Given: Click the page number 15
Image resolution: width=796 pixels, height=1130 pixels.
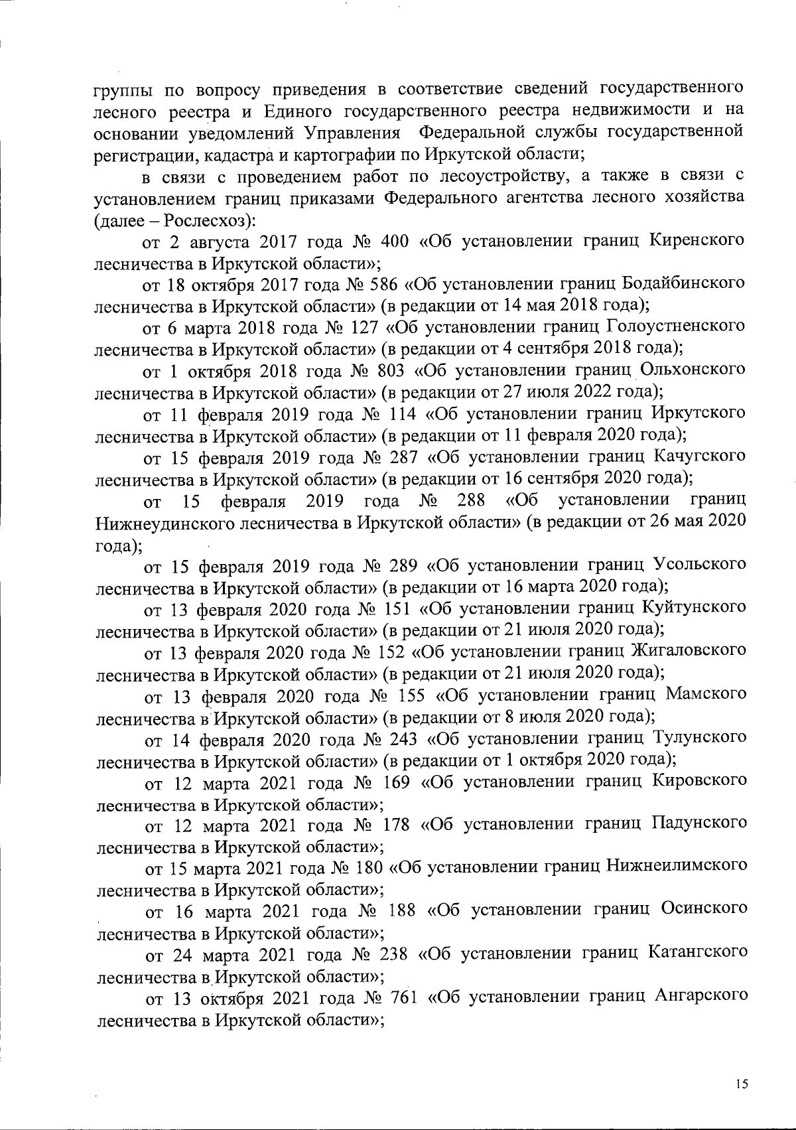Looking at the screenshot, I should pyautogui.click(x=742, y=1084).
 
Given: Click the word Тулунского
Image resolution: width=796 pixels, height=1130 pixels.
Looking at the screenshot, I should pyautogui.click(x=699, y=737).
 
